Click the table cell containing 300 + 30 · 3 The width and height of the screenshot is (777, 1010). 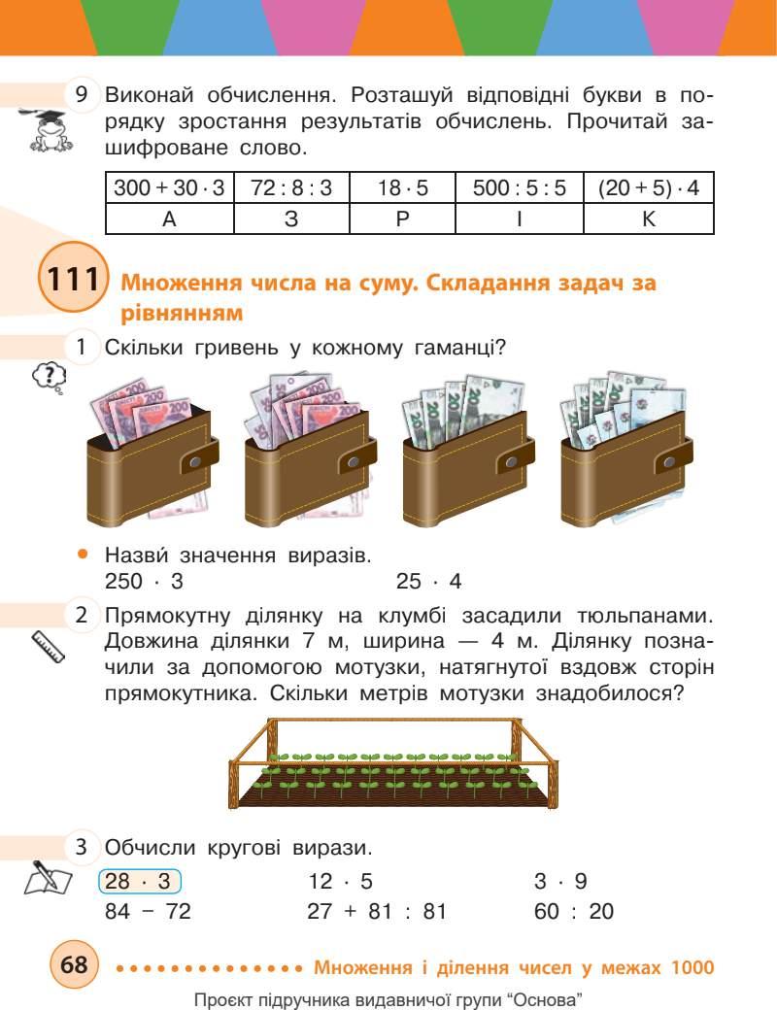pyautogui.click(x=169, y=187)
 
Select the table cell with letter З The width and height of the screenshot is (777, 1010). pyautogui.click(x=291, y=219)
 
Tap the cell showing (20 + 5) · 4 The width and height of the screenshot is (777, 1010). pyautogui.click(x=649, y=187)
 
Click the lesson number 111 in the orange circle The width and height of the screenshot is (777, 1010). pyautogui.click(x=70, y=281)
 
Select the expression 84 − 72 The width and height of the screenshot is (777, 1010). pyautogui.click(x=148, y=913)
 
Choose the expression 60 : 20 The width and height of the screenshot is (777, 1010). pyautogui.click(x=574, y=913)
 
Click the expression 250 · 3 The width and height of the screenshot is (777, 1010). pyautogui.click(x=144, y=582)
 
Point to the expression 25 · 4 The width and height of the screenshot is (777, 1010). pyautogui.click(x=428, y=582)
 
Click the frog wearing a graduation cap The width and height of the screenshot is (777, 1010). pyautogui.click(x=43, y=132)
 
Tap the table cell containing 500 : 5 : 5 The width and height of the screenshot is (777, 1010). pyautogui.click(x=519, y=187)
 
